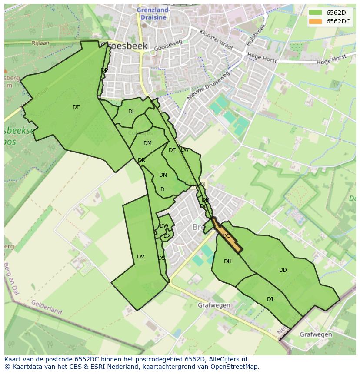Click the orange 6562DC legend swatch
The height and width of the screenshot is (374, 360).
(x=316, y=21)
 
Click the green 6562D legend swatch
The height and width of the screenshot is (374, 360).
(x=316, y=12)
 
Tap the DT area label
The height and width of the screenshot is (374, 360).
(x=76, y=107)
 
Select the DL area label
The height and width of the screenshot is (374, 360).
(x=132, y=112)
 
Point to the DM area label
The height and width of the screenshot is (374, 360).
(x=147, y=143)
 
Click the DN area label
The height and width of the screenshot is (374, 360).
(x=163, y=175)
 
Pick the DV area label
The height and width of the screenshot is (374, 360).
(x=140, y=257)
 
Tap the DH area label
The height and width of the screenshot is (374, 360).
(x=228, y=261)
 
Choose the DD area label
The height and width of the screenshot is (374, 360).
(x=283, y=270)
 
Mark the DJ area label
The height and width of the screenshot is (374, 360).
(x=270, y=299)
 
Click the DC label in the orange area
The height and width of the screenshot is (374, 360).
(x=226, y=236)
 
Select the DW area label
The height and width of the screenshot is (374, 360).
(x=164, y=226)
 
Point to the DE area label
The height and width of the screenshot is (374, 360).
(x=172, y=150)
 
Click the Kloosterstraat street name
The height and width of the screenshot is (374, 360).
(x=216, y=40)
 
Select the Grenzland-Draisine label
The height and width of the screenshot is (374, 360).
(x=153, y=13)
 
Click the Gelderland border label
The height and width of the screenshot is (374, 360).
(x=47, y=307)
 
